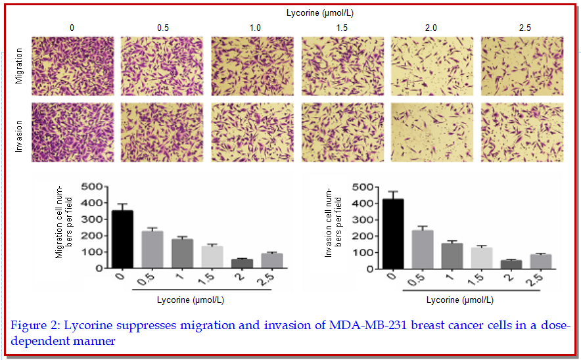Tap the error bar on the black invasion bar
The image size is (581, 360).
coord(393,195)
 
